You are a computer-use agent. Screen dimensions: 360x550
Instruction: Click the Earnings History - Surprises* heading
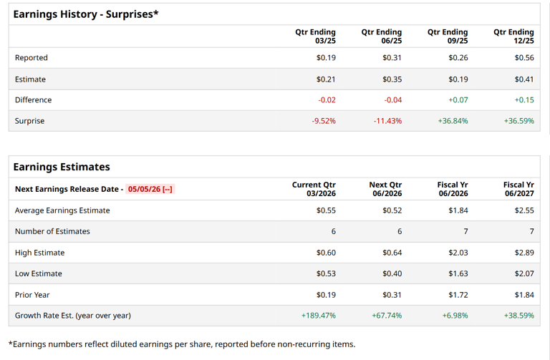86,14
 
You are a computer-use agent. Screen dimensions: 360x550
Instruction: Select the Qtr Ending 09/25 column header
448,37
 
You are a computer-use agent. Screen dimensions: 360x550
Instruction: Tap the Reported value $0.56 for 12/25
524,58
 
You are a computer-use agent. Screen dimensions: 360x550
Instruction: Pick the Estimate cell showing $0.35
392,79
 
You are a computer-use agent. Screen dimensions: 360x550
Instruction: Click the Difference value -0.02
327,100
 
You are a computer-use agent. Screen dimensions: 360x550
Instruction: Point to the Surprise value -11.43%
387,121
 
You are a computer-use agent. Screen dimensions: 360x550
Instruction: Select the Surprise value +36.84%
453,121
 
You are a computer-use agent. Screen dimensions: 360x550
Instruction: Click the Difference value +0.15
524,100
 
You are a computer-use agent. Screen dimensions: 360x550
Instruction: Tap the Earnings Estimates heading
62,167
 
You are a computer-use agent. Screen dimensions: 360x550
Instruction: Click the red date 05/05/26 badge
150,190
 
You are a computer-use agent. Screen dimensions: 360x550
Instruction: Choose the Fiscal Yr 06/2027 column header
518,189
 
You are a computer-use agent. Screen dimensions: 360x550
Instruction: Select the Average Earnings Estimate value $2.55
524,210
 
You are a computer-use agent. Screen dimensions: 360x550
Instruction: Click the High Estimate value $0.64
392,253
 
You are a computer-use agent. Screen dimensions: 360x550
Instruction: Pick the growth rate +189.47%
319,316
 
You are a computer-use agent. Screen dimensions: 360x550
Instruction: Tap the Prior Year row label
32,295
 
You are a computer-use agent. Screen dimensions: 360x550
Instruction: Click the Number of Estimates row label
52,231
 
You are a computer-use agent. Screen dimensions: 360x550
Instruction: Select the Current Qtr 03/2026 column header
314,189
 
